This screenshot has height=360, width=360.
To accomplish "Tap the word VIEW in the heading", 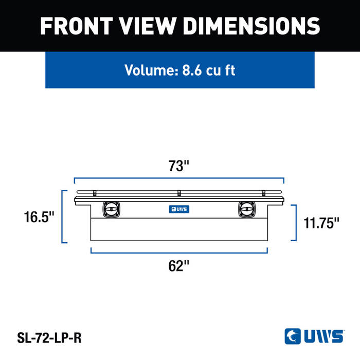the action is [148, 26].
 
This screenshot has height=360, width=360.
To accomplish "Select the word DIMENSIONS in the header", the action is [251, 26].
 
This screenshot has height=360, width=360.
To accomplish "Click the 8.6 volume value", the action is [192, 70].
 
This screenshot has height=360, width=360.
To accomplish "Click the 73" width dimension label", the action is [178, 166].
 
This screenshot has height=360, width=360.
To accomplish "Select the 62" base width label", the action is [178, 266].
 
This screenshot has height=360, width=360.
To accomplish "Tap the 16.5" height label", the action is [39, 217].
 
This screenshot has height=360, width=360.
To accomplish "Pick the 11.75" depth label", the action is [321, 223].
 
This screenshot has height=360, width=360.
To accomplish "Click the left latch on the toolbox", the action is [112, 209].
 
